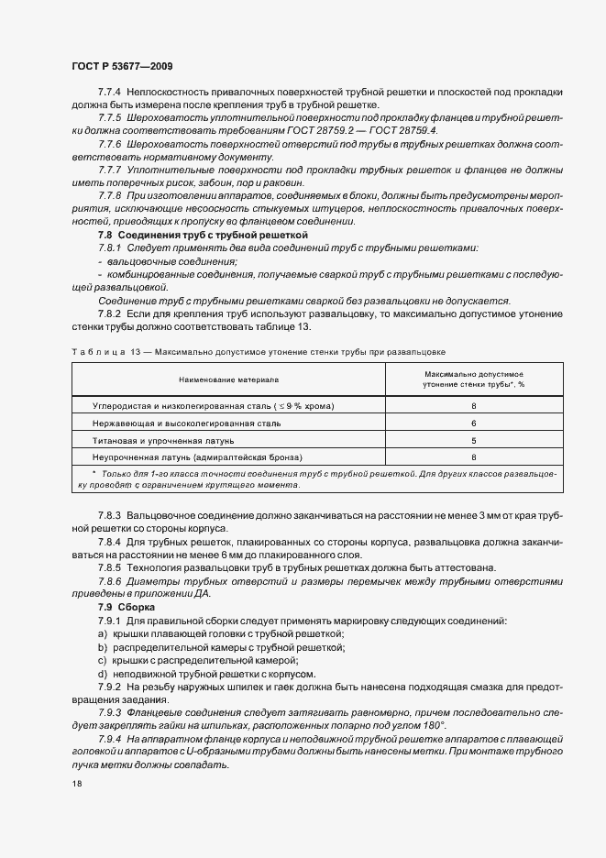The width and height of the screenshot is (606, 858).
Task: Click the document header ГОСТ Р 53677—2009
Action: pos(121,67)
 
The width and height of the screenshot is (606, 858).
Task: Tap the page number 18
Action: pos(76,784)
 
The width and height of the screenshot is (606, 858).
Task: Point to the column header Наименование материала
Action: pos(229,379)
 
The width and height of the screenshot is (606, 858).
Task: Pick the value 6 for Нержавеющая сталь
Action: pos(473,423)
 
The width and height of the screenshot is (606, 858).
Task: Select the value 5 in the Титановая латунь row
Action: pos(473,439)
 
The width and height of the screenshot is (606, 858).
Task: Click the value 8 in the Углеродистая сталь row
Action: pos(473,405)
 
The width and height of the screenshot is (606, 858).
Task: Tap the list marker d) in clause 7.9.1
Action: pos(103,672)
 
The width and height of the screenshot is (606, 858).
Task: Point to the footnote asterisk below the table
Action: pos(94,474)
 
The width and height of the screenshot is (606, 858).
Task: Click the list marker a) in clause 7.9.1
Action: pos(103,633)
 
